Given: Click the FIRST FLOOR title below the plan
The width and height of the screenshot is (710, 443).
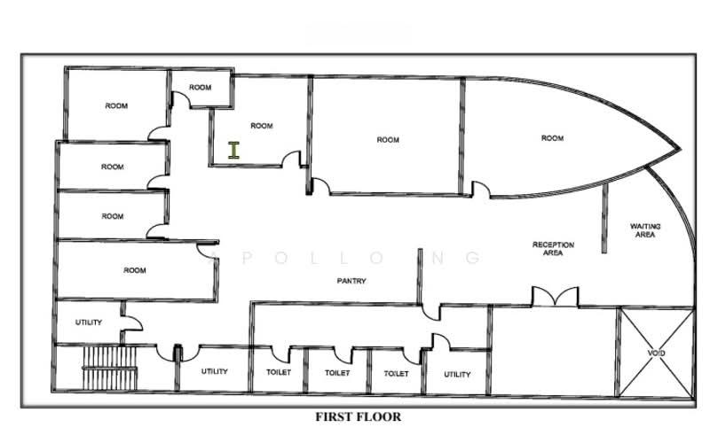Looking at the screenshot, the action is click(358, 416).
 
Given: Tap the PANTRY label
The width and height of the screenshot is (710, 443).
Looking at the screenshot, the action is click(351, 281).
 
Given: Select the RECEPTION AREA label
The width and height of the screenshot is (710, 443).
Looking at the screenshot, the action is click(553, 249).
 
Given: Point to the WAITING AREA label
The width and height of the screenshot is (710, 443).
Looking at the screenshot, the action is click(645, 230).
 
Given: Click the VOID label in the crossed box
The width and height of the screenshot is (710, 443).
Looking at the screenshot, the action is click(656, 353).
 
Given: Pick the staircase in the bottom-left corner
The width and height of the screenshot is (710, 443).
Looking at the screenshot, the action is click(109, 368).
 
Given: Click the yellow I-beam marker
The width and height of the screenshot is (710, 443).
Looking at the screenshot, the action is click(233, 150).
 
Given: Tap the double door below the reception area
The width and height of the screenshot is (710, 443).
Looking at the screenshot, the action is click(555, 297).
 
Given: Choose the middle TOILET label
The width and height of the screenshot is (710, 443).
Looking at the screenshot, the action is click(337, 373).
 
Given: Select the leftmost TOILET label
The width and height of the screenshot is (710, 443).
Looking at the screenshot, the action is click(279, 372).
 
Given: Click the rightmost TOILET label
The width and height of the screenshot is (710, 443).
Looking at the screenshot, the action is click(396, 373).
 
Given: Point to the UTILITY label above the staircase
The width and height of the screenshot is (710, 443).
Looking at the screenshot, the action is click(88, 323).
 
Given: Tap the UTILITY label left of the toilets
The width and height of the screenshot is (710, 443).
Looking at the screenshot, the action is click(214, 371).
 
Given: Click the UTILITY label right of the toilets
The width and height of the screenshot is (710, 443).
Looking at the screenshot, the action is click(457, 374).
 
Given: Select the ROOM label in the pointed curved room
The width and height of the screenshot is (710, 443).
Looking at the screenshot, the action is click(552, 138).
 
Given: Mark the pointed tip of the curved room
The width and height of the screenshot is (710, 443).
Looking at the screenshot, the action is click(680, 149).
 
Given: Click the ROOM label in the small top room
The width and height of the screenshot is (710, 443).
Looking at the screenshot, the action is click(201, 87).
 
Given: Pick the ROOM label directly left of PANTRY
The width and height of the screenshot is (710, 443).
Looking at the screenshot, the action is click(135, 270).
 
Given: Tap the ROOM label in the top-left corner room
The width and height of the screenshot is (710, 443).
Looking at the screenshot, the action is click(116, 105).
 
